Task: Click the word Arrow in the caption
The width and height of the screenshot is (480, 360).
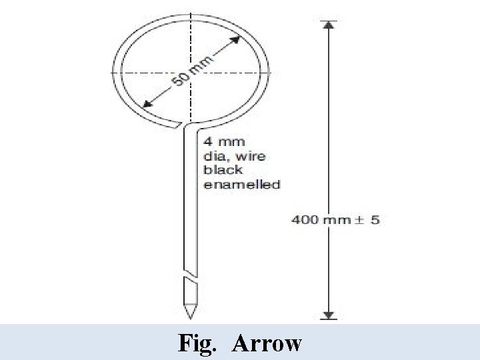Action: coord(266,343)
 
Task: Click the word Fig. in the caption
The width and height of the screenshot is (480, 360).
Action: coord(195,343)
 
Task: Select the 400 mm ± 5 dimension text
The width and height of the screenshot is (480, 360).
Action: coord(335,219)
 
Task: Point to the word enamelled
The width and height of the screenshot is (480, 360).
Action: coord(241,185)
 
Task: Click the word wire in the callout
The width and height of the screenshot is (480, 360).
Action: coord(251,156)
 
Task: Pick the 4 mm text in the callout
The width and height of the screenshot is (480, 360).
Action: coord(223,141)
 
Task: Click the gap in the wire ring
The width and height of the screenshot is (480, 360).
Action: coord(182,124)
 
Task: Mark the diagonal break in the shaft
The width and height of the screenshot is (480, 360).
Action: coord(190,274)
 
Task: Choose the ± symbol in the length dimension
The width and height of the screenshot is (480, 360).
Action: coord(357,219)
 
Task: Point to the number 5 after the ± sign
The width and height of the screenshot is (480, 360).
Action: coord(375,219)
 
